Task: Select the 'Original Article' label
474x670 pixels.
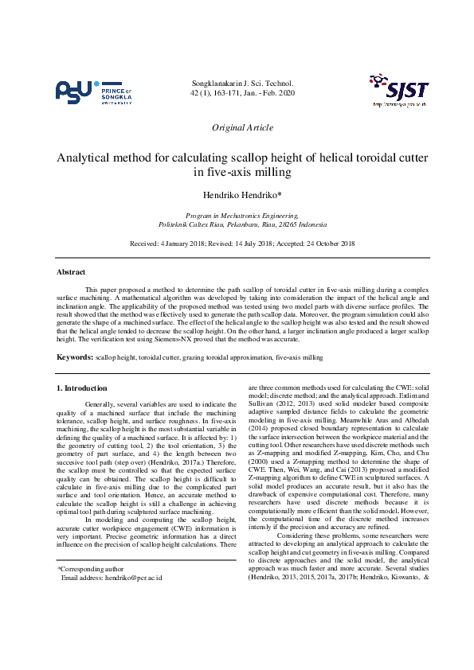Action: point(242,127)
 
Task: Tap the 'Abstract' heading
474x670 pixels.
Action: point(71,272)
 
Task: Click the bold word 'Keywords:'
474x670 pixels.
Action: point(74,358)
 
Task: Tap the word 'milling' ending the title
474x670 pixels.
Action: point(268,172)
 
